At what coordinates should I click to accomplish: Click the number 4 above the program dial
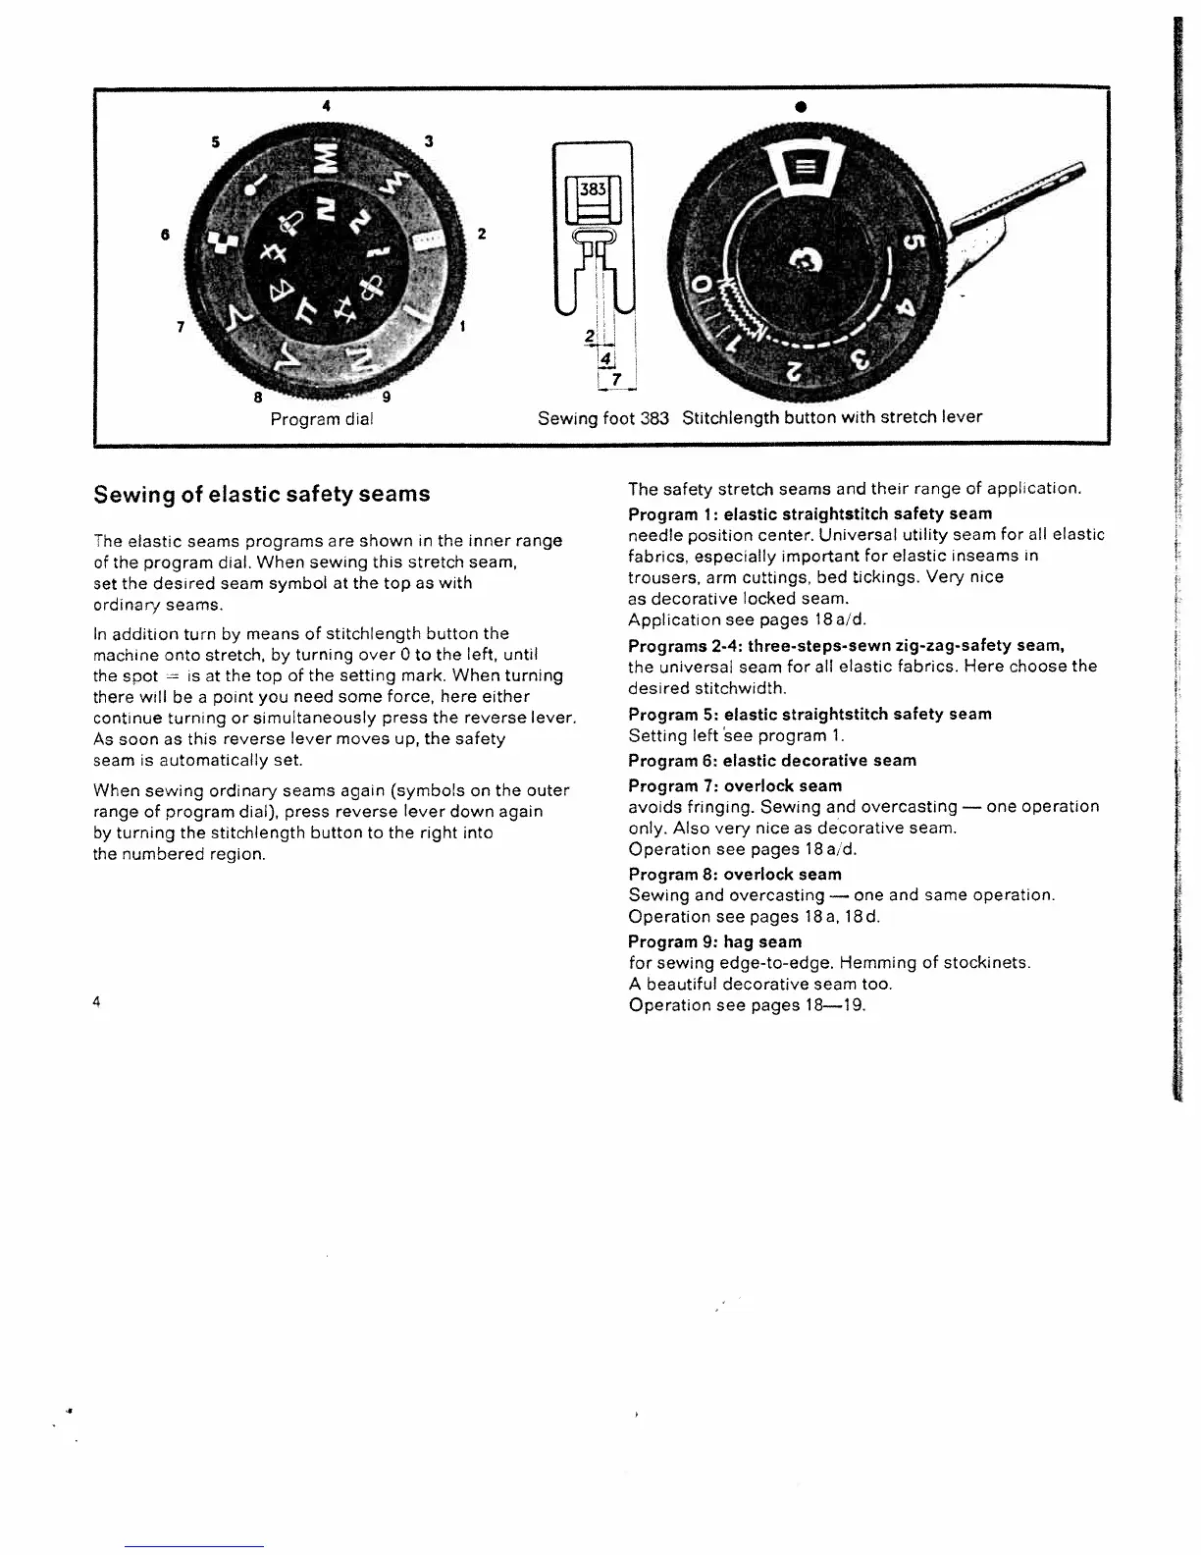pos(326,104)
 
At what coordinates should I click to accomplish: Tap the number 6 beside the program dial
pos(167,234)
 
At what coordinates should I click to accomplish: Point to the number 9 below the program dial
pos(386,397)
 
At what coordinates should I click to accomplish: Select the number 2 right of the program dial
pos(481,234)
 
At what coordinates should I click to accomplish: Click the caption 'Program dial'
pos(322,418)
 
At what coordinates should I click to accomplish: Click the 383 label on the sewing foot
pos(594,189)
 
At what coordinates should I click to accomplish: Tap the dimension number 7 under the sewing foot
pos(616,379)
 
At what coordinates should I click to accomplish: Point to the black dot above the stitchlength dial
pos(801,105)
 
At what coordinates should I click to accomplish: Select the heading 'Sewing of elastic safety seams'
pos(261,494)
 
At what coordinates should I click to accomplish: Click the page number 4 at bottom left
pos(97,1002)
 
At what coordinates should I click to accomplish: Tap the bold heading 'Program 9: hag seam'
pos(714,942)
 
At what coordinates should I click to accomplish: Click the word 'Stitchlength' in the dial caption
pos(728,417)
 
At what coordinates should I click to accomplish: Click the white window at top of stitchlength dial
pos(801,168)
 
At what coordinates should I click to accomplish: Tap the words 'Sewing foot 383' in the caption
pos(602,417)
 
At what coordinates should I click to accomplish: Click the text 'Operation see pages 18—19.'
pos(747,1005)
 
